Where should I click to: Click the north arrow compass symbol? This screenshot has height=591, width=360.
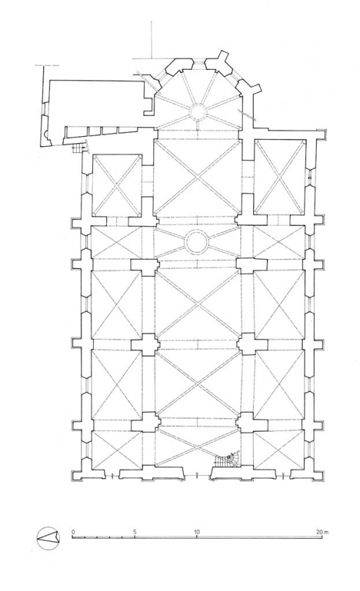[48, 536]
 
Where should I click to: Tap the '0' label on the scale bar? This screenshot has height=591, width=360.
[73, 530]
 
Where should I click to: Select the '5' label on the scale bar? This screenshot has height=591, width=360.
[135, 530]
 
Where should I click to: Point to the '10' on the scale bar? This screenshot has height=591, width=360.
[197, 530]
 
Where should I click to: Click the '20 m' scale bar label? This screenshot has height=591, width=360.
[321, 530]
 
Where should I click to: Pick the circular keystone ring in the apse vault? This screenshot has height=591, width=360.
[197, 111]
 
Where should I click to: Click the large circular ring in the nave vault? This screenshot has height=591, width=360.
[196, 242]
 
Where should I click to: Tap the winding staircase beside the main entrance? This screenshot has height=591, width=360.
[227, 462]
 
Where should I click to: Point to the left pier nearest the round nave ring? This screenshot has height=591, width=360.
[145, 265]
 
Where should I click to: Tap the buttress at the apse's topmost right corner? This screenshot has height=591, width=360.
[222, 61]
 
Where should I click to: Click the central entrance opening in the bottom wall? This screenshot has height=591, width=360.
[198, 474]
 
